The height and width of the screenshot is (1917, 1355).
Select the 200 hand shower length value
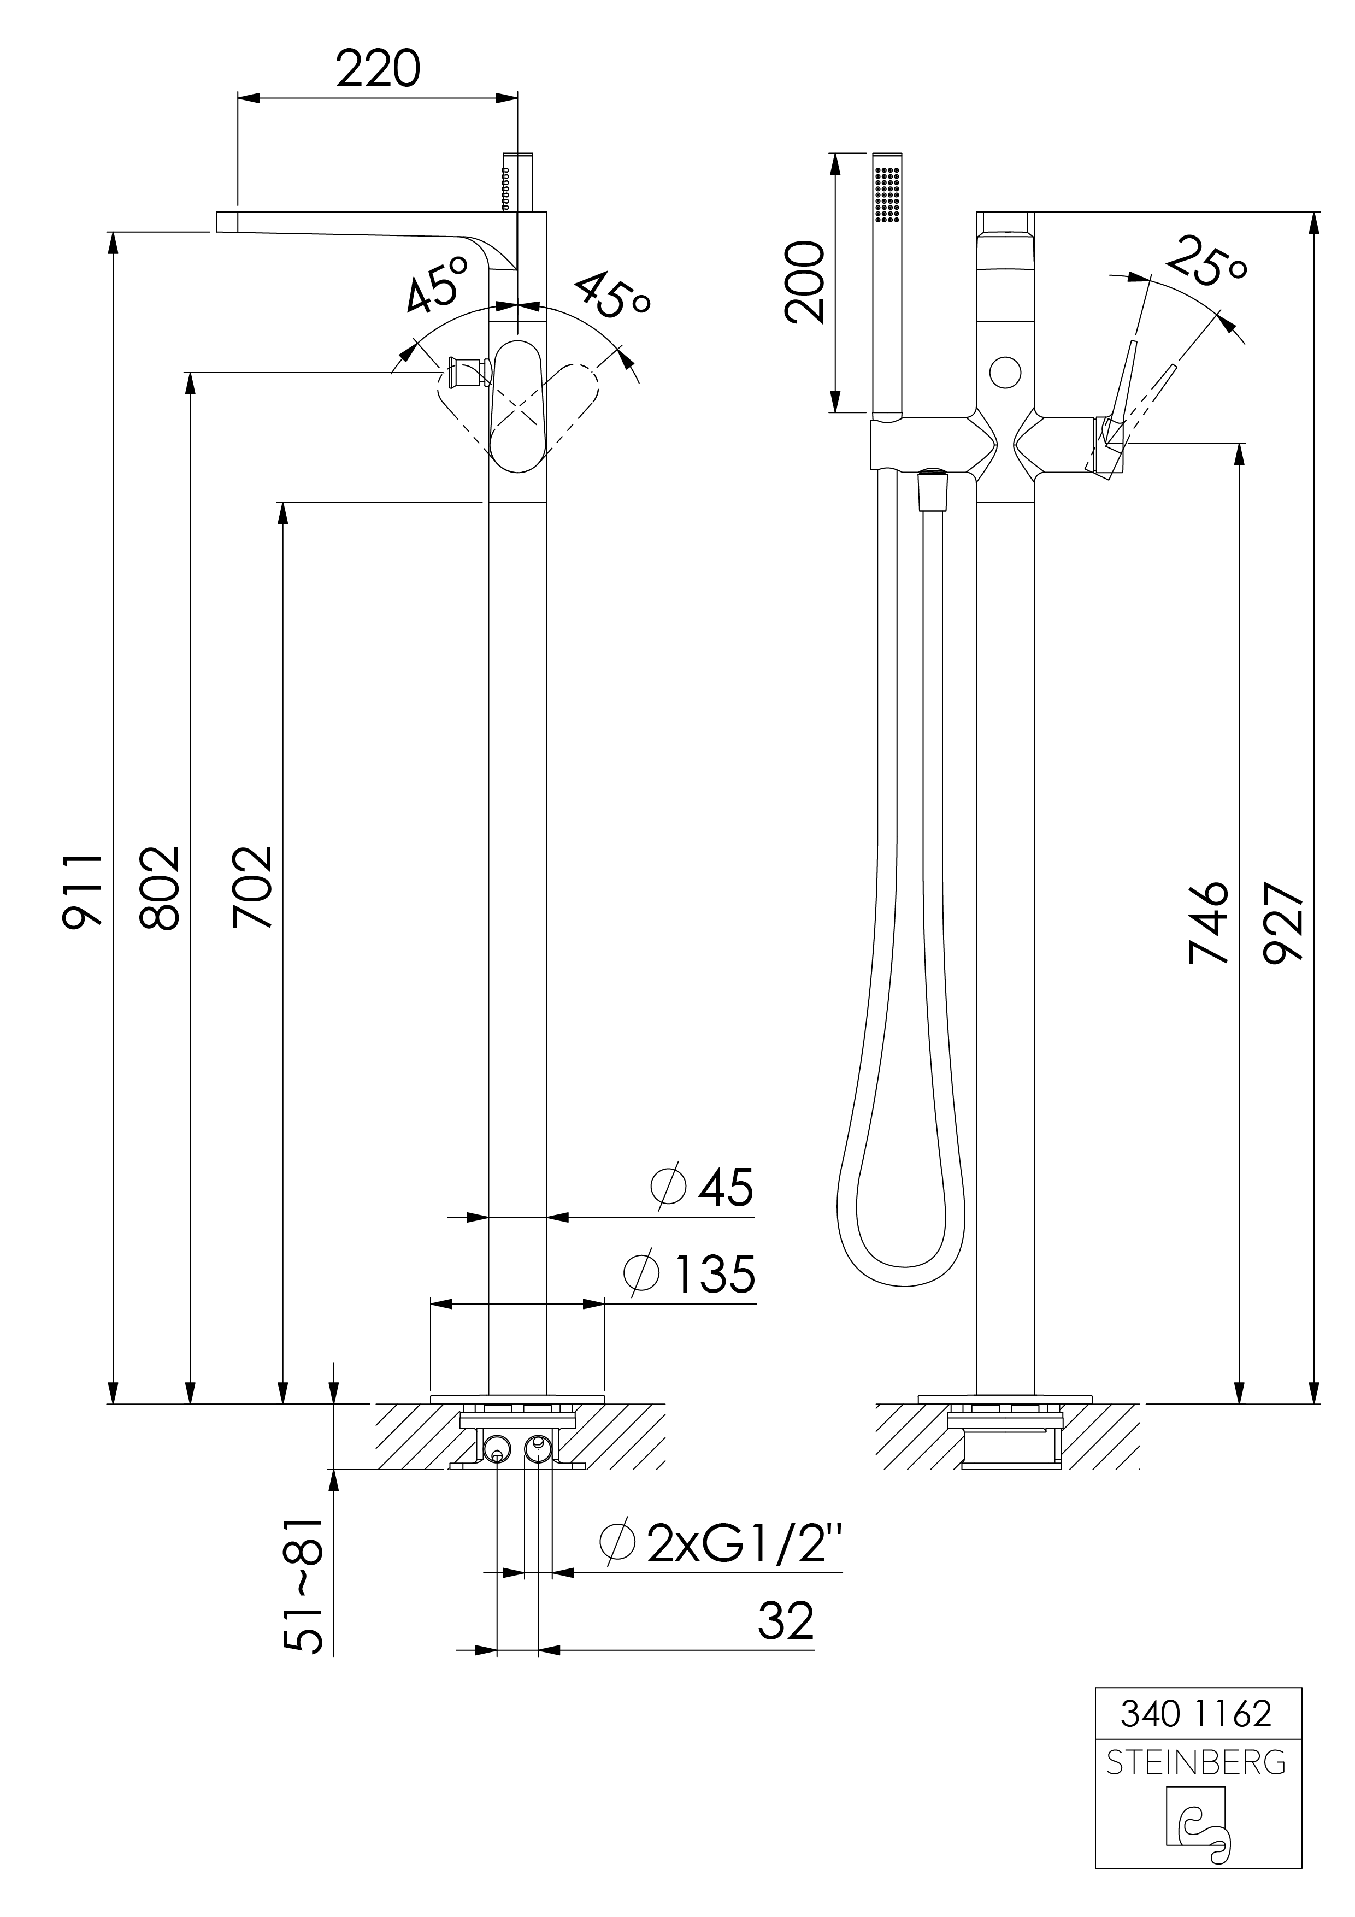tap(804, 281)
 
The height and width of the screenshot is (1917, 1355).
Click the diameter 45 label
tap(702, 1187)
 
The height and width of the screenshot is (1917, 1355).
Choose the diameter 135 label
tap(690, 1273)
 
